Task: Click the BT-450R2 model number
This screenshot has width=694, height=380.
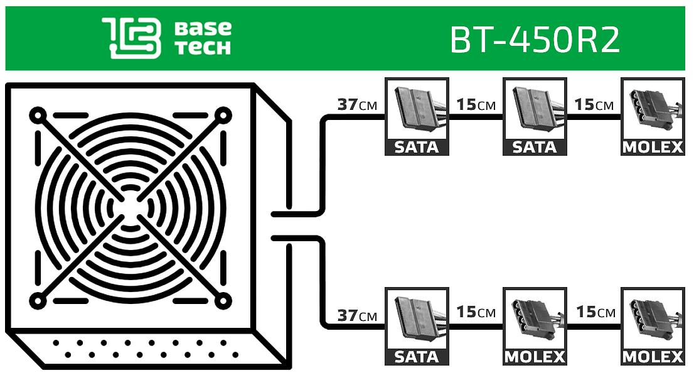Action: point(535,40)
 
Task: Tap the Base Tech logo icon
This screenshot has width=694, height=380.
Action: point(131,38)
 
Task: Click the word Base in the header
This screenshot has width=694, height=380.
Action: point(203,28)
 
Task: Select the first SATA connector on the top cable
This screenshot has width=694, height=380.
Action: point(417,116)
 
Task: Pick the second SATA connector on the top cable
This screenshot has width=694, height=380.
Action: point(535,116)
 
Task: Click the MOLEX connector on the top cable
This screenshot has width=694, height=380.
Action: point(653,116)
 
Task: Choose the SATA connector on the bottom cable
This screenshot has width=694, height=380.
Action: point(417,326)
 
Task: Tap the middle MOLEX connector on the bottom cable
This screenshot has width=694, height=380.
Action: point(535,326)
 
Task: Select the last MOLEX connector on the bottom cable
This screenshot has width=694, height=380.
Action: point(653,326)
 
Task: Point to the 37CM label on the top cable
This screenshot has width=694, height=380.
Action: point(357,104)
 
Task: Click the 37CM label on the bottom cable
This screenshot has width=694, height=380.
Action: point(357,315)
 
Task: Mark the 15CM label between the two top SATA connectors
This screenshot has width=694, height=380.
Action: point(476,104)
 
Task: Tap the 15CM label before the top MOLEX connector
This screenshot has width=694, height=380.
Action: point(594,104)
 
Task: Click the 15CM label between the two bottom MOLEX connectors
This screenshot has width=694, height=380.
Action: point(594,312)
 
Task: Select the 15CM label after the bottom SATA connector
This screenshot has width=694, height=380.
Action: point(476,312)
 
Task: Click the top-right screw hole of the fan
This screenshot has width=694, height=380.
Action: point(222,116)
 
